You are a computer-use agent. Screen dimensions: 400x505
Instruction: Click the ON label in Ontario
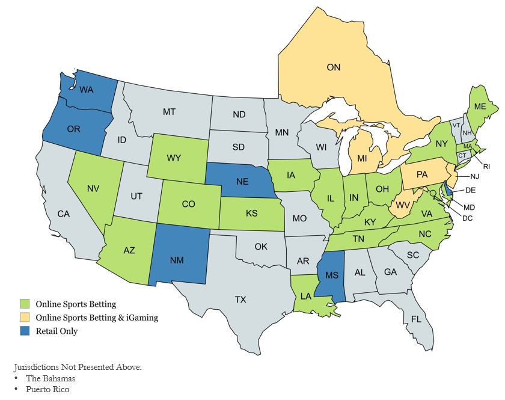click(x=333, y=67)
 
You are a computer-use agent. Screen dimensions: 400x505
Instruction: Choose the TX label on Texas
click(x=240, y=299)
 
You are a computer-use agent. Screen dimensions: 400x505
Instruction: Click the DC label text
click(x=467, y=217)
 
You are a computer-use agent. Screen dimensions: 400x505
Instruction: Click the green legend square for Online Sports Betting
click(x=25, y=304)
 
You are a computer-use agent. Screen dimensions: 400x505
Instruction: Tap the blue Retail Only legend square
click(x=25, y=330)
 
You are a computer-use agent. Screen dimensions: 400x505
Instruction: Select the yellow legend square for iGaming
click(x=25, y=317)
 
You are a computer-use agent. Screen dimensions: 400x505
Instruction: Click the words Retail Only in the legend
click(x=57, y=330)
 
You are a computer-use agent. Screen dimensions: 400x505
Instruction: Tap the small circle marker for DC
click(x=432, y=193)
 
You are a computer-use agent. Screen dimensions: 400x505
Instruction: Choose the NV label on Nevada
click(x=93, y=188)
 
